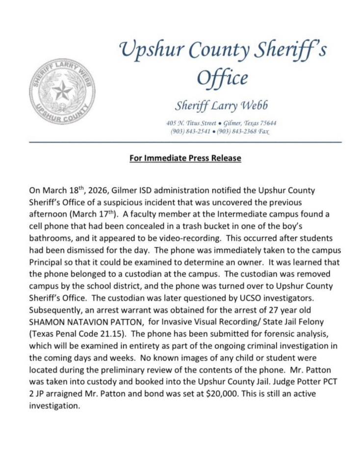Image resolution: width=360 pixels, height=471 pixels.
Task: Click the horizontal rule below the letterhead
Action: click(185, 142)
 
